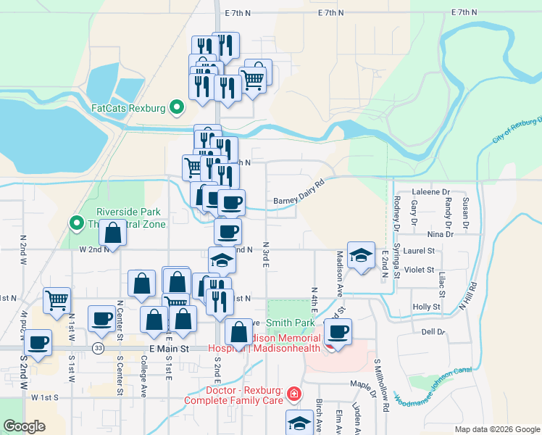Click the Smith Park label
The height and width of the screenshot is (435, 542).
click(x=290, y=322)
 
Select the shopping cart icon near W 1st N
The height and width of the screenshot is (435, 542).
click(x=57, y=299)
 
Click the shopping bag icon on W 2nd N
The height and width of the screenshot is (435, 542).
click(x=112, y=233)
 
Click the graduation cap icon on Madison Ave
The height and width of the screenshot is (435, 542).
click(x=361, y=255)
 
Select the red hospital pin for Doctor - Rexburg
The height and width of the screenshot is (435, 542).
click(x=293, y=394)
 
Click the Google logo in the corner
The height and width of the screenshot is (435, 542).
click(x=24, y=426)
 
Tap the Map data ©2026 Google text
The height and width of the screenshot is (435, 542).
click(x=497, y=429)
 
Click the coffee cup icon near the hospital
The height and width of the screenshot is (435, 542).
click(x=338, y=331)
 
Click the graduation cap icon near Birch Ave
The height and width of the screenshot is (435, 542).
click(x=299, y=423)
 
